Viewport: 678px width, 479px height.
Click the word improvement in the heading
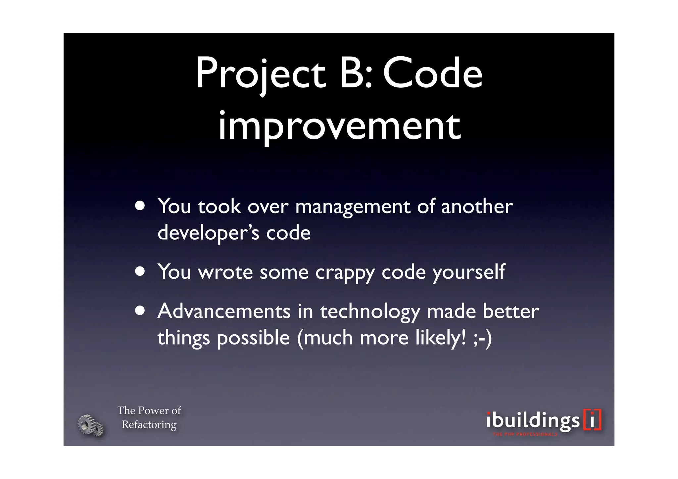coord(339,126)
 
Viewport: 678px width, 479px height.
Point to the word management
coord(353,207)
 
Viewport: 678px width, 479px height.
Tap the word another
coord(477,207)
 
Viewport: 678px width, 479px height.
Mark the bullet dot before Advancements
coord(140,311)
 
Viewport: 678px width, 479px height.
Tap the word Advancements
coord(224,311)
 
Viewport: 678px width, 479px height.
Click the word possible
coord(253,338)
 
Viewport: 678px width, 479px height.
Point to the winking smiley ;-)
coord(482,338)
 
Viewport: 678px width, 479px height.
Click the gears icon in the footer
coord(90,425)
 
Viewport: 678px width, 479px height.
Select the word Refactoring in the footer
coord(149,424)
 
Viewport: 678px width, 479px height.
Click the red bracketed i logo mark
coord(592,420)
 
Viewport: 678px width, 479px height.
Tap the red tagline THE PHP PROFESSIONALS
coord(525,434)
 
